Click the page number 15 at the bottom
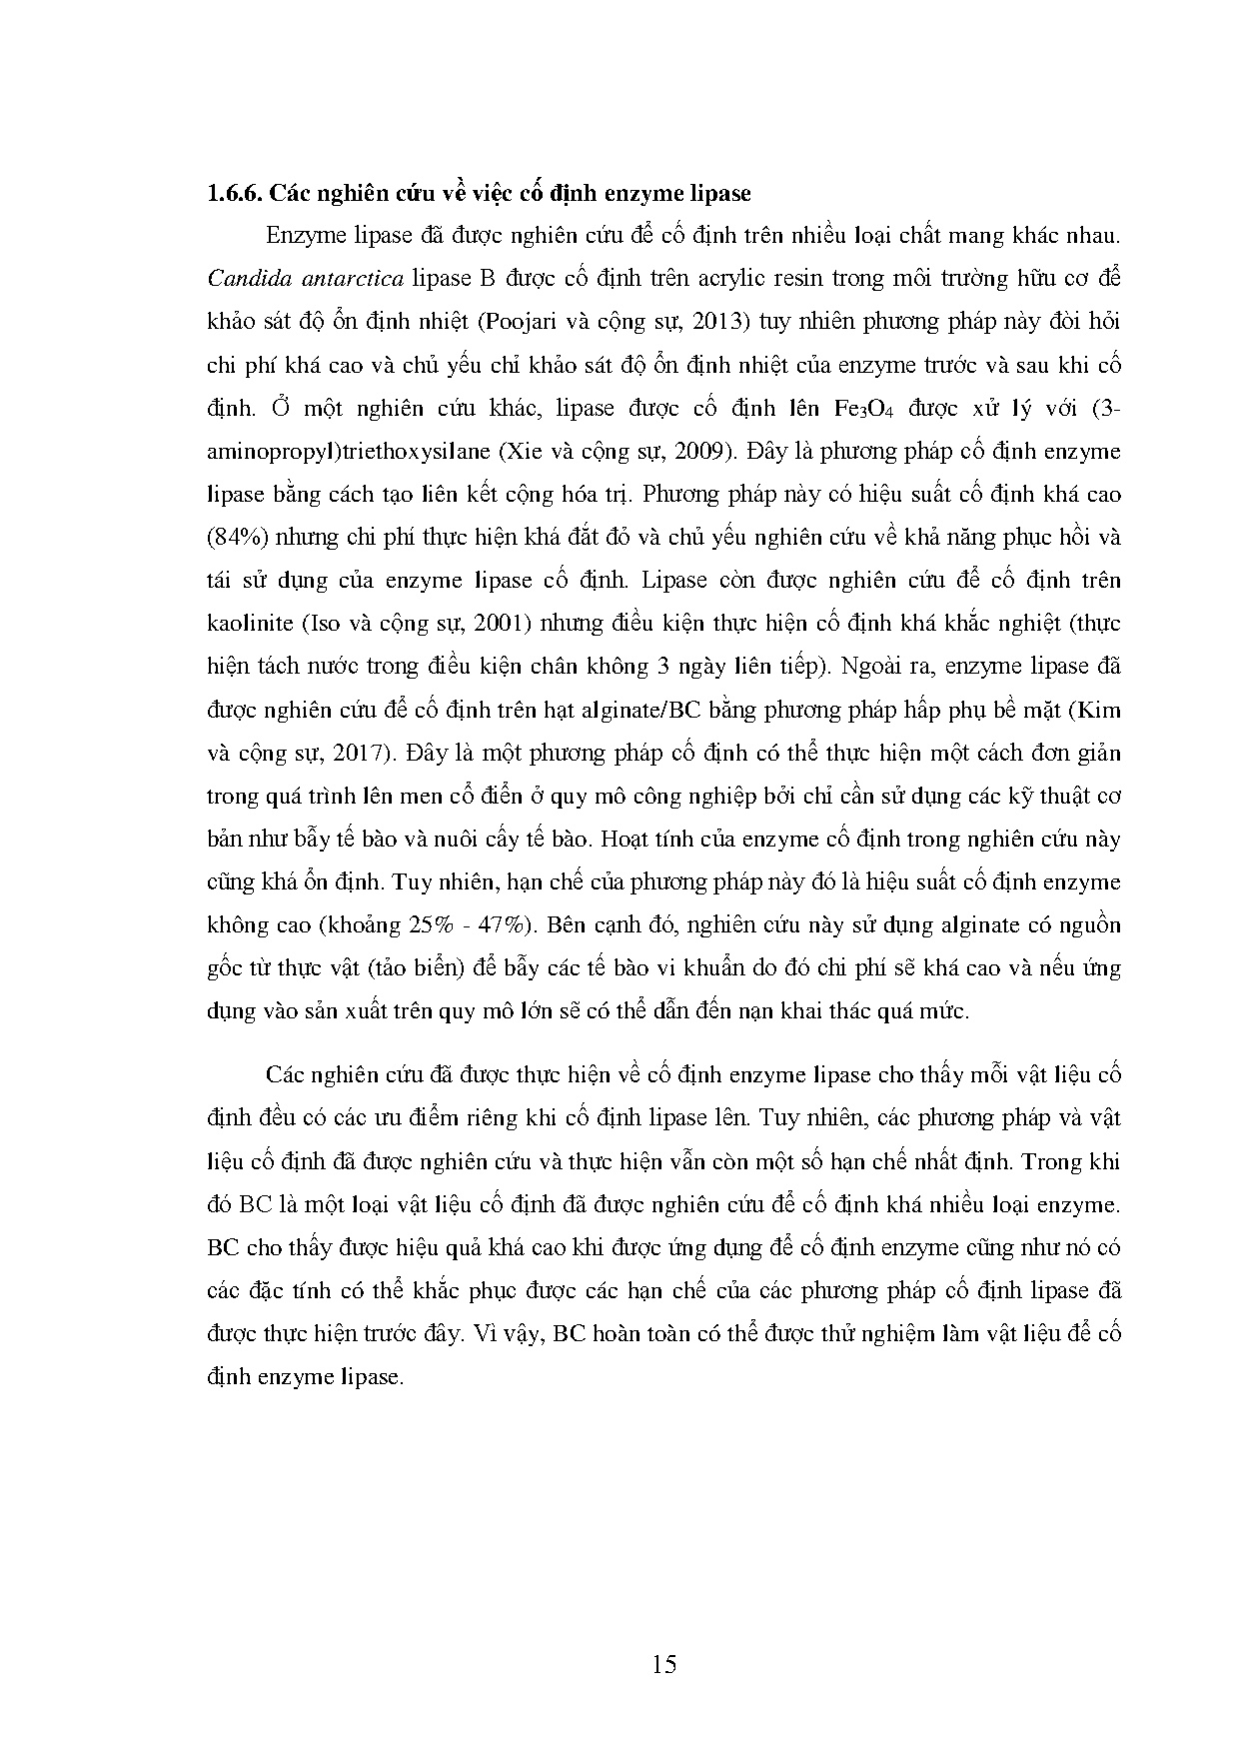[663, 1664]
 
